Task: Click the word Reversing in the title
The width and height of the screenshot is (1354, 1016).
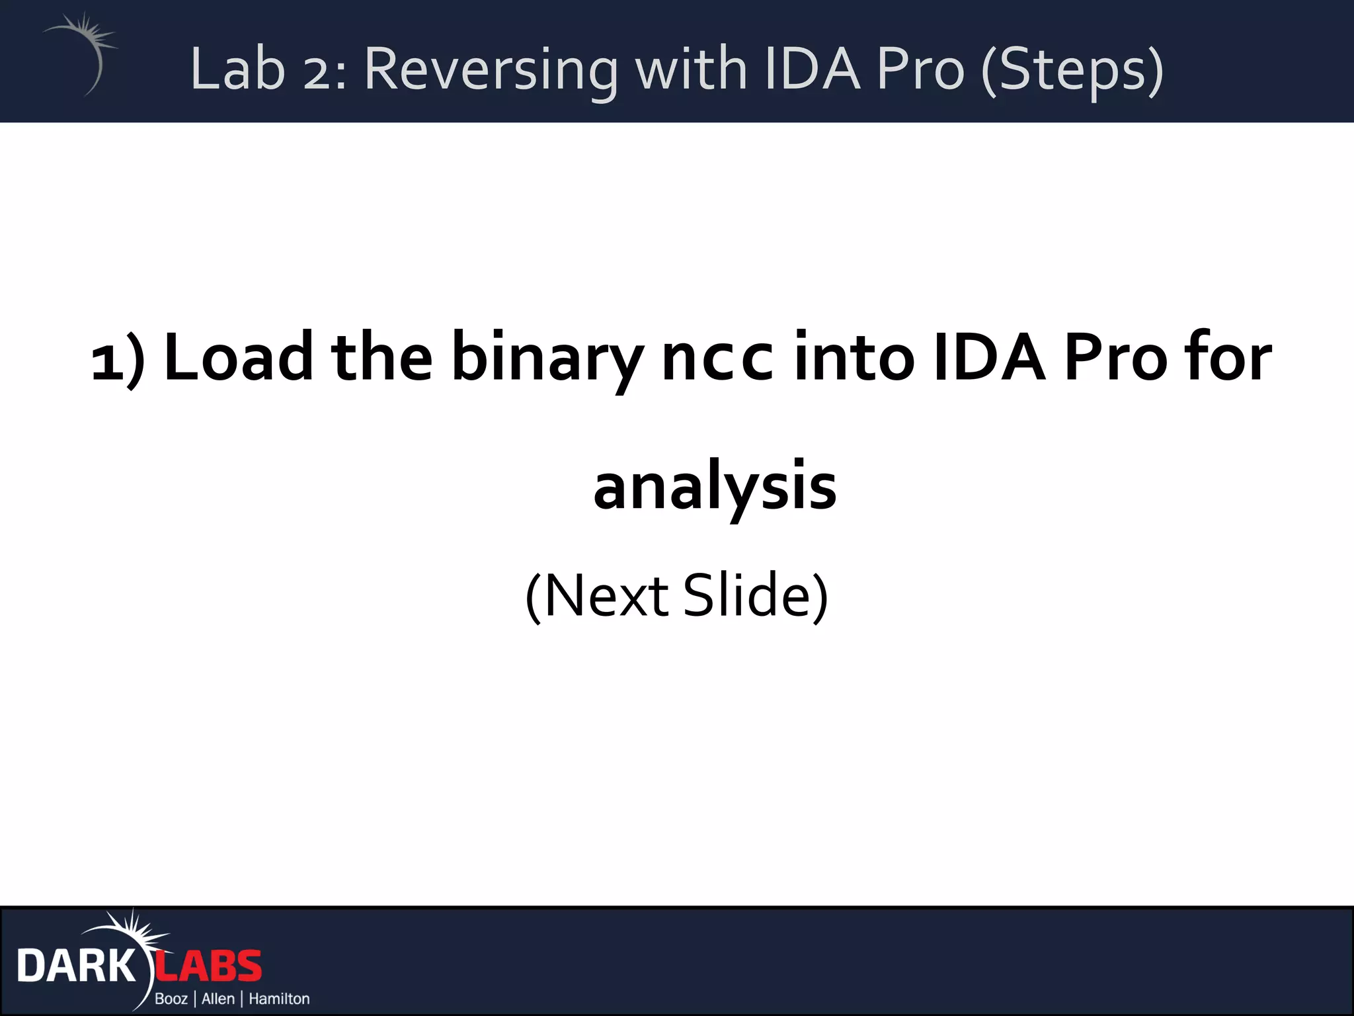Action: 491,69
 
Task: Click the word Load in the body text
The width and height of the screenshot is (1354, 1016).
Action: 239,358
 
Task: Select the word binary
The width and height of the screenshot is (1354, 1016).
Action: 547,358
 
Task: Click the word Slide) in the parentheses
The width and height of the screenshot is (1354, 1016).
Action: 755,595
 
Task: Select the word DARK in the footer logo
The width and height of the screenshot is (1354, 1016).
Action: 75,966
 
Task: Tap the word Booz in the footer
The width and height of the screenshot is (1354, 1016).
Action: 171,999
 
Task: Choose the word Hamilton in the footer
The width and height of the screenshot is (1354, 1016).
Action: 279,999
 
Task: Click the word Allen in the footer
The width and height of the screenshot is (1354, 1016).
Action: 218,999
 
